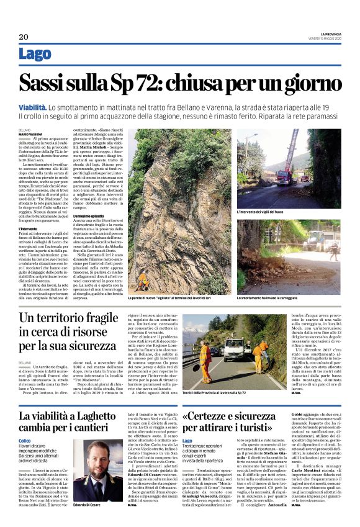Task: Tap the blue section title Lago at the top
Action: click(35, 55)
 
